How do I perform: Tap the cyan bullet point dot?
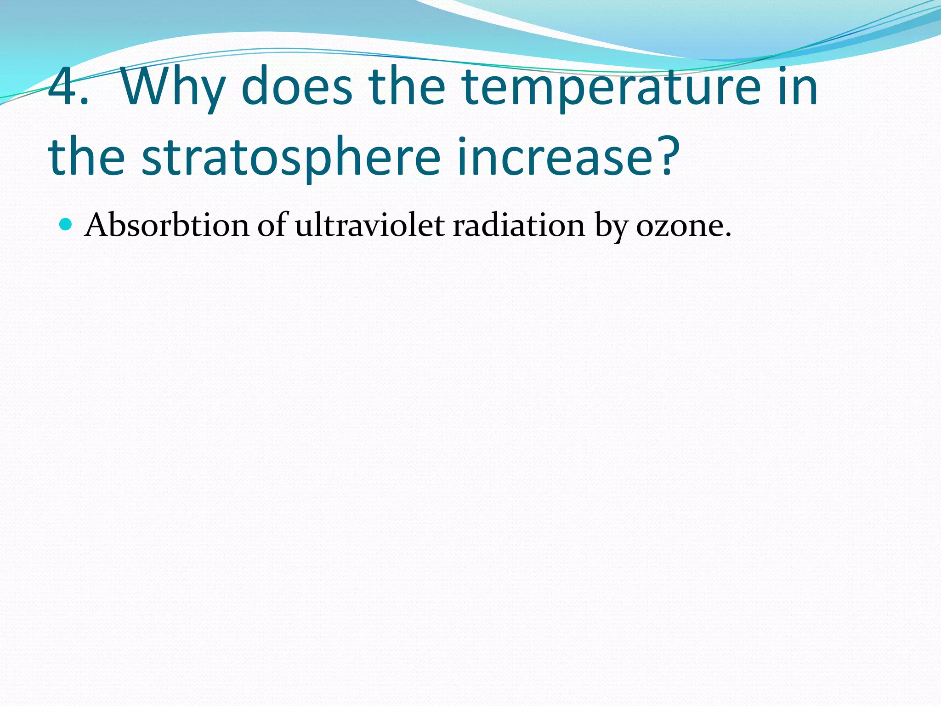[66, 224]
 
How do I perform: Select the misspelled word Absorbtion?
[166, 226]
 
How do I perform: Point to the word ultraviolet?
[369, 226]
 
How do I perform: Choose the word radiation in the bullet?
[519, 226]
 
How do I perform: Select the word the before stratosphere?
[86, 157]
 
